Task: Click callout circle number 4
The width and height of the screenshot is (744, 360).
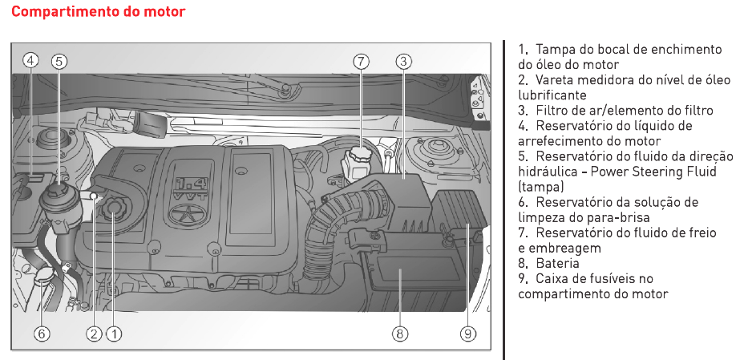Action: [x=30, y=61]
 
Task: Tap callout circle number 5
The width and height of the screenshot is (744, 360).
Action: [x=59, y=61]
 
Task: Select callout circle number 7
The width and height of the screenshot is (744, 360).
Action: [x=361, y=61]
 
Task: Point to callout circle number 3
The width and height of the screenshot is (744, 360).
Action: [x=403, y=61]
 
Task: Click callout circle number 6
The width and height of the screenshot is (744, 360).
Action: [x=41, y=334]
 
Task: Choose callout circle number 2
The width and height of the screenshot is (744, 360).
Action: [x=94, y=334]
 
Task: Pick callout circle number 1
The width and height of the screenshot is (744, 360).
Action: [x=113, y=334]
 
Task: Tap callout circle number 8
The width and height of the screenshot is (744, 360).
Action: [x=400, y=334]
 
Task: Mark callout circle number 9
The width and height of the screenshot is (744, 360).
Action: [x=468, y=334]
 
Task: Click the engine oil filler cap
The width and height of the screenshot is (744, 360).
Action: [x=113, y=209]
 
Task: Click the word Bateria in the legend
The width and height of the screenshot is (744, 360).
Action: [x=557, y=263]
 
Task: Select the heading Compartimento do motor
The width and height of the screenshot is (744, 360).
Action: [x=99, y=11]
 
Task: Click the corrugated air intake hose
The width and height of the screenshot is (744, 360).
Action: [x=332, y=223]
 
